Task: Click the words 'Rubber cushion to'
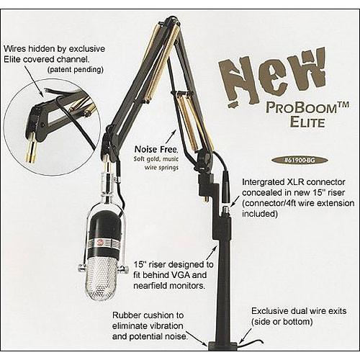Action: [149, 316]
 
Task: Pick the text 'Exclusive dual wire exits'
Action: [299, 310]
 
